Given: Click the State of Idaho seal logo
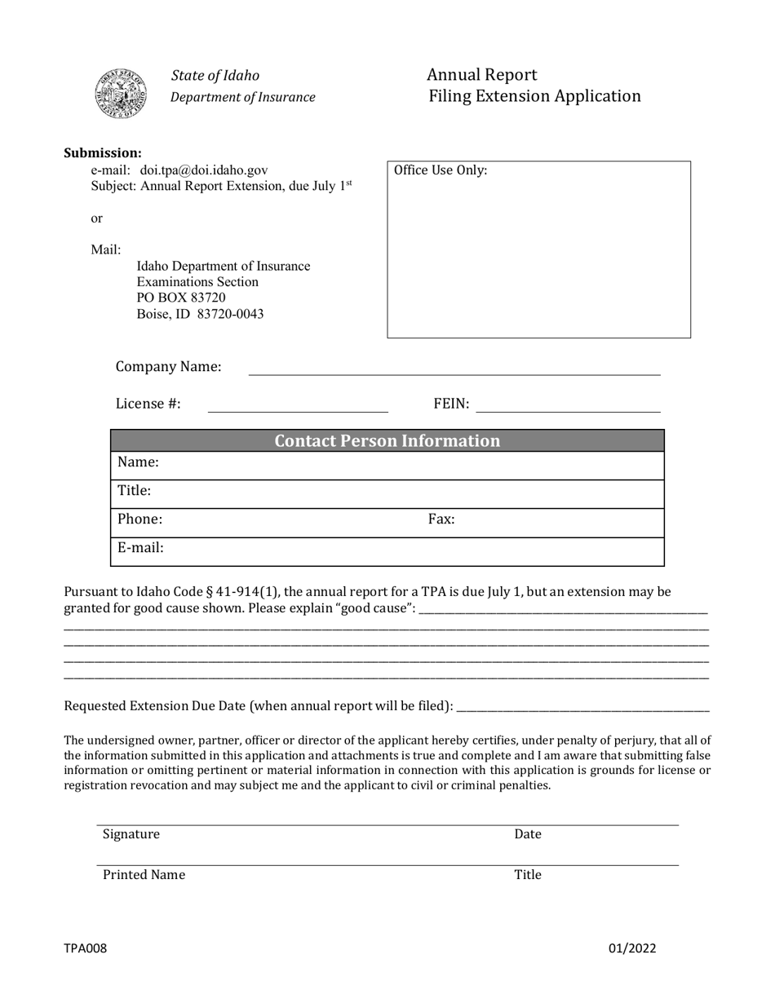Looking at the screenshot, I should point(121,94).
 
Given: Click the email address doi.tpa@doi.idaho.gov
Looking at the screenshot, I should point(204,170).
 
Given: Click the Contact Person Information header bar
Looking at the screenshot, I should point(387,441).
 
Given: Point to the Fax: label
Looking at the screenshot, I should point(441,519).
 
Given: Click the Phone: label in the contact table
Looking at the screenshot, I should point(139,519).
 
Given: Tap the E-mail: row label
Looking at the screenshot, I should point(140,548).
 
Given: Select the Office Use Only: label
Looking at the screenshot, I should point(441,170).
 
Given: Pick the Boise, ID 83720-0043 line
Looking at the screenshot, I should point(200,314).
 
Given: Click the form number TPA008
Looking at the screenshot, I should point(85,948).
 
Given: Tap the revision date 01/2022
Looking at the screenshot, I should point(631,948).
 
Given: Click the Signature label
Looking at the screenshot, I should point(131,834).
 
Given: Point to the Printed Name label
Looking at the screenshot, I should point(144,875).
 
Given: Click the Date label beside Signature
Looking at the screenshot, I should point(527,834).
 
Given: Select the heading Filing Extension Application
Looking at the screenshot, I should point(534,96).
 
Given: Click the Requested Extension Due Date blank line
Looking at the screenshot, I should point(582,706).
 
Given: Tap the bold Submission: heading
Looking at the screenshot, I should point(103,153).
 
